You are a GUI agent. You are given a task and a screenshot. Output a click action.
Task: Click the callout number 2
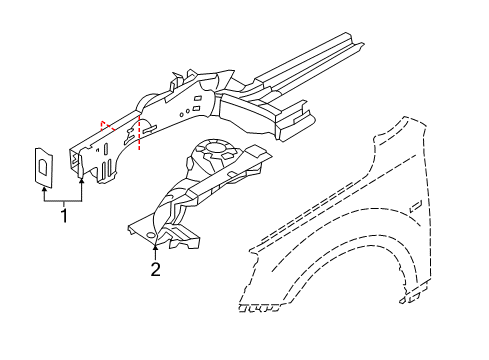[155, 268]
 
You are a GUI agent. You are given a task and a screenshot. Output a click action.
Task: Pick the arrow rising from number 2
[156, 245]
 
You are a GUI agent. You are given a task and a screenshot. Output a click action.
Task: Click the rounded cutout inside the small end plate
[44, 162]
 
